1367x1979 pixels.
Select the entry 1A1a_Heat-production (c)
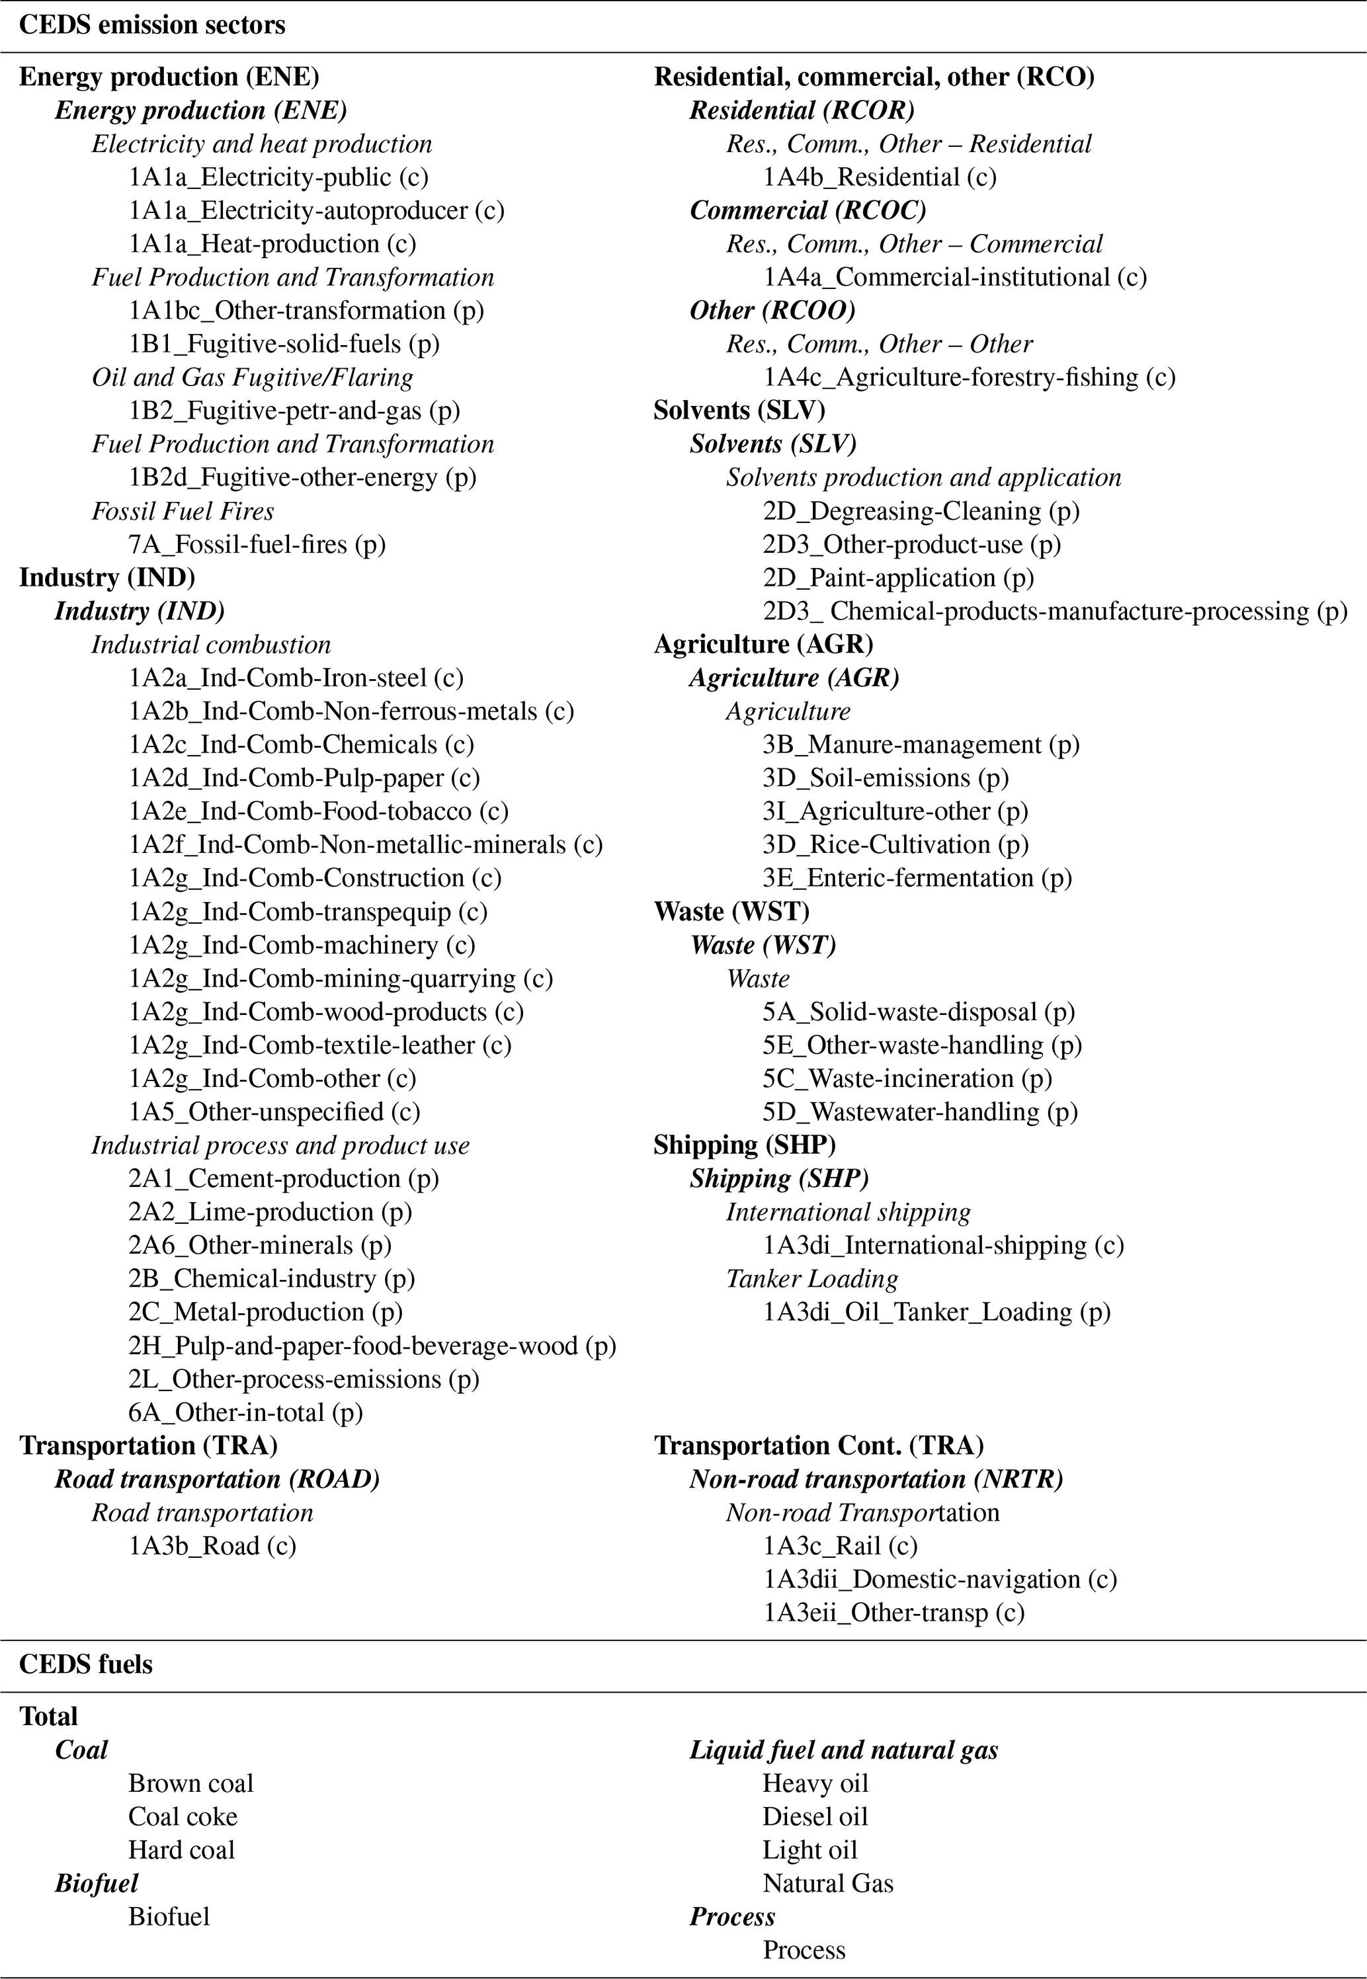tap(272, 244)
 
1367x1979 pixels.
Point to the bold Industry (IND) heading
tap(107, 578)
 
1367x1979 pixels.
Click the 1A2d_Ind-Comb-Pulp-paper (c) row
tap(304, 778)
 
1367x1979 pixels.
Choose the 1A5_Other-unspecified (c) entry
tap(274, 1112)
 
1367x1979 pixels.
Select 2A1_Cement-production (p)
tap(284, 1179)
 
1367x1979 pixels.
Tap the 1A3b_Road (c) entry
tap(212, 1547)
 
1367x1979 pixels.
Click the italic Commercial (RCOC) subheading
tap(808, 211)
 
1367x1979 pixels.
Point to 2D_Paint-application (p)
tap(899, 578)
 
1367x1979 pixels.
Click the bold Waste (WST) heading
tap(731, 912)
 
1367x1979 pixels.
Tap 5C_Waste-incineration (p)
tap(907, 1079)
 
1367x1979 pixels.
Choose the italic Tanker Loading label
tap(812, 1279)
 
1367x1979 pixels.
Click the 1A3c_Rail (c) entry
tap(841, 1547)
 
